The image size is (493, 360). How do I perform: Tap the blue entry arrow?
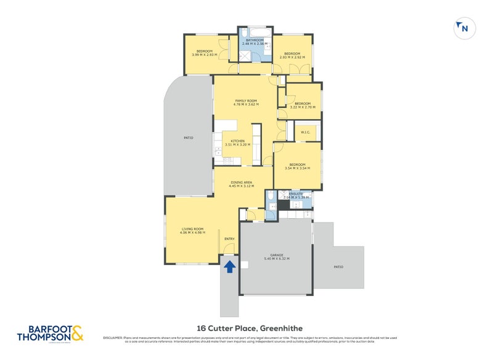click(229, 266)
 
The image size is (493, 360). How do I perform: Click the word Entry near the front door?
click(229, 239)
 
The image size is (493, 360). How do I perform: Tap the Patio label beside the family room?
click(189, 137)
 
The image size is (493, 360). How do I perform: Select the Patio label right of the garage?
click(339, 266)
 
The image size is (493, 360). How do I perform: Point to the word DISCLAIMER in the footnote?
click(114, 338)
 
